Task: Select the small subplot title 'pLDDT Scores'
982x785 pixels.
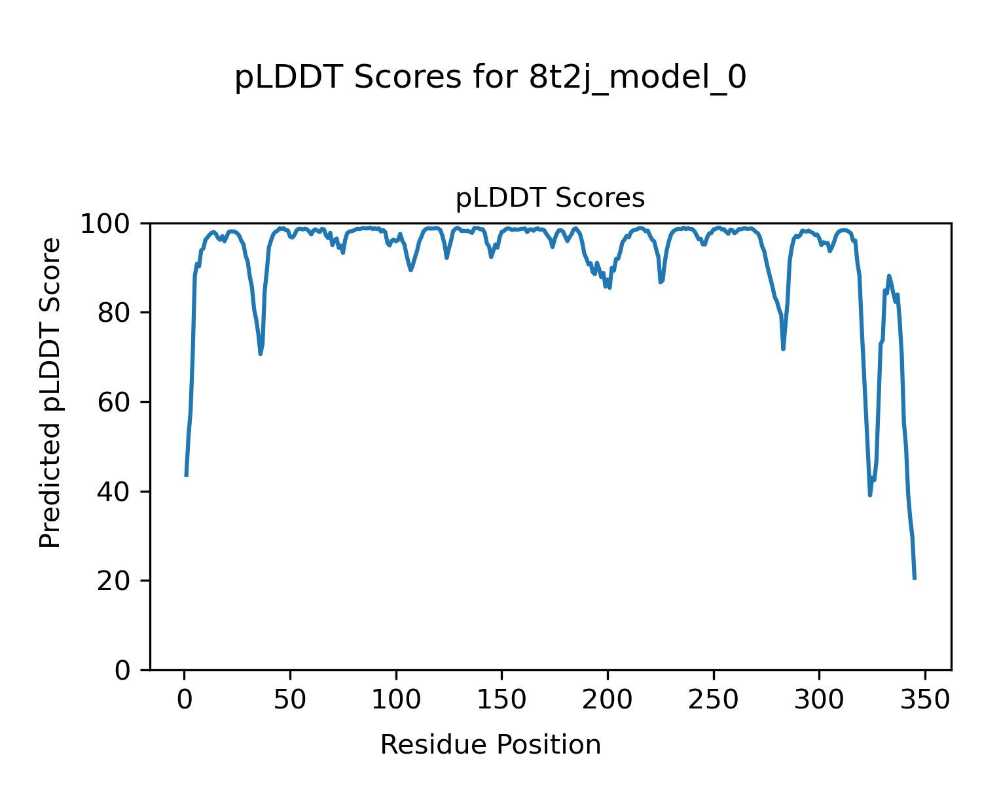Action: tap(550, 198)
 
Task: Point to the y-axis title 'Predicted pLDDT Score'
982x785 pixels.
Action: tap(50, 392)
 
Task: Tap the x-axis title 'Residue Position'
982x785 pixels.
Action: tap(490, 745)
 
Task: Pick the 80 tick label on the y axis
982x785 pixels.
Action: tap(117, 313)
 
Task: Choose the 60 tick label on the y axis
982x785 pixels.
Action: tap(117, 402)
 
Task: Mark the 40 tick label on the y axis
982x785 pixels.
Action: tap(117, 491)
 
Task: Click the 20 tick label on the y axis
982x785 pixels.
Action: tap(117, 581)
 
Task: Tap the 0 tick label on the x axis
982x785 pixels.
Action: tap(185, 700)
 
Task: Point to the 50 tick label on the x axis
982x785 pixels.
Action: tap(290, 700)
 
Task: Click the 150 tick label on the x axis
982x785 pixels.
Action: tap(501, 700)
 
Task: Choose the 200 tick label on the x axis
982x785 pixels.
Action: tap(608, 700)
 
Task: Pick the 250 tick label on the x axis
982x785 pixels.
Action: tap(713, 700)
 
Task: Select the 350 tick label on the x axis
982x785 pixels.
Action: tap(924, 700)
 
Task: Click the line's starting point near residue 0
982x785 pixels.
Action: tap(187, 476)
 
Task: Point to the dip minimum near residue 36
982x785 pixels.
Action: tap(261, 354)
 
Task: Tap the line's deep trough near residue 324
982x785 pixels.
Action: tap(870, 495)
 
